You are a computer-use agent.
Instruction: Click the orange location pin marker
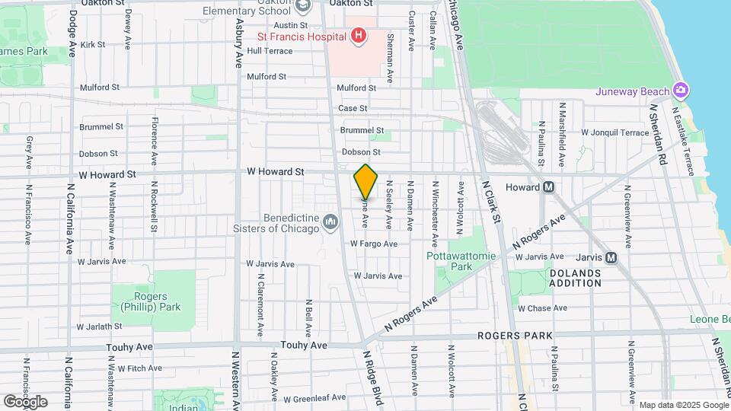pos(365,181)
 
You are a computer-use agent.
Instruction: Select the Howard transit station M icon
pos(548,187)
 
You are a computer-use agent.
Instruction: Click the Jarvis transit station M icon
pos(611,257)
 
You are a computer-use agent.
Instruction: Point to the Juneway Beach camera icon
pos(681,91)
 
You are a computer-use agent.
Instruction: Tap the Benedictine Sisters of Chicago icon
pos(330,221)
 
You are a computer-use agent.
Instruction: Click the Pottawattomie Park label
pos(461,261)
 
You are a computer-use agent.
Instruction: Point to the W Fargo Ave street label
pos(374,244)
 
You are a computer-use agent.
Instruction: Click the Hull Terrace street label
pos(270,51)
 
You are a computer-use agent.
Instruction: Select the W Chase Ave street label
pos(542,308)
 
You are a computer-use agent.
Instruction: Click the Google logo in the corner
pos(25,401)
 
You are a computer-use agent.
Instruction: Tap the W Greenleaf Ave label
pos(314,398)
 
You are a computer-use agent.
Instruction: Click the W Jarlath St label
pos(100,327)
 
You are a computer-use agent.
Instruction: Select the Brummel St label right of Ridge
pos(362,130)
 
